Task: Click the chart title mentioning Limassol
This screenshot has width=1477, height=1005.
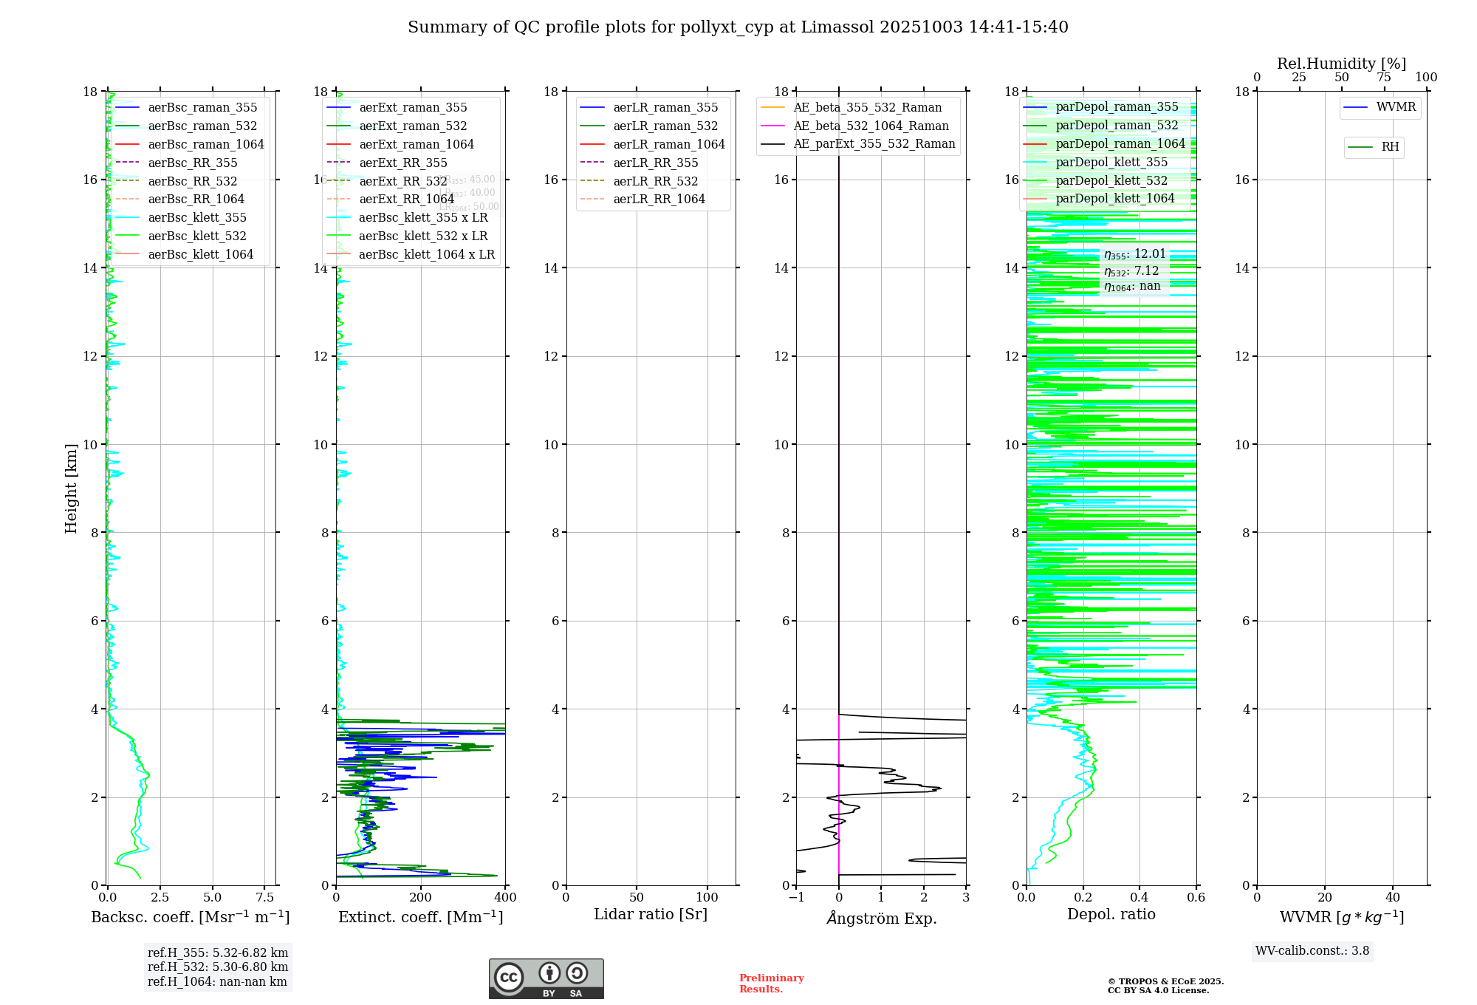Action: coord(738,27)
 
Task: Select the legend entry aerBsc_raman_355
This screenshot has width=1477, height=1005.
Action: coord(202,108)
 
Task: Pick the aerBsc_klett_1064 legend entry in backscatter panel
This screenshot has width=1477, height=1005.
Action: coord(200,255)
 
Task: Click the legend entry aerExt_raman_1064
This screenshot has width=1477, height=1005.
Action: coord(417,145)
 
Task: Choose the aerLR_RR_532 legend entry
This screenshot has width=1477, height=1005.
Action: coord(655,182)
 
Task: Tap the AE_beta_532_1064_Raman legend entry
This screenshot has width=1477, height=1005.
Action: coord(871,126)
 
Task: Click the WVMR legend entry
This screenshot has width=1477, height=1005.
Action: coord(1396,108)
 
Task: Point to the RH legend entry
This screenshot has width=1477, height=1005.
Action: coord(1390,148)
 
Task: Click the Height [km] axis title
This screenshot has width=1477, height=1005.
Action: coord(71,488)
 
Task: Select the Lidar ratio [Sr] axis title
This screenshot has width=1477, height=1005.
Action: coord(651,915)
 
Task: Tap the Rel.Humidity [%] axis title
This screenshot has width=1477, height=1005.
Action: coord(1341,64)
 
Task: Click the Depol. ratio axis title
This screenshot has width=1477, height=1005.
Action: coord(1111,915)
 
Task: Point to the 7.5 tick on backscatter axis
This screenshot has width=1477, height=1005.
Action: coord(264,898)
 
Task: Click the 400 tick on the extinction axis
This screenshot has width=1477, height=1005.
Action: coord(506,898)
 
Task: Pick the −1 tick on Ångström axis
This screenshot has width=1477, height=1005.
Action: coord(796,898)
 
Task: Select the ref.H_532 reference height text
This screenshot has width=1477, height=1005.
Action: coord(218,967)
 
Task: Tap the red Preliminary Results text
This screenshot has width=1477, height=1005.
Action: coord(771,984)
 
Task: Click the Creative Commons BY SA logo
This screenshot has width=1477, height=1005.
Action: coord(546,979)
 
